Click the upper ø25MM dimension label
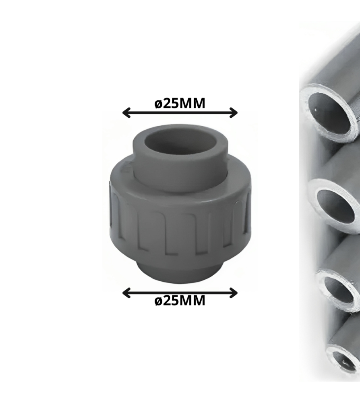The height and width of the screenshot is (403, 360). (x=180, y=103)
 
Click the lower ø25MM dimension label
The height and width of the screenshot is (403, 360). (x=180, y=300)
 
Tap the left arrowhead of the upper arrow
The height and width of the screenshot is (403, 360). (x=126, y=112)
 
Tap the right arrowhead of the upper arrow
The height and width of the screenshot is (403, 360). (x=234, y=112)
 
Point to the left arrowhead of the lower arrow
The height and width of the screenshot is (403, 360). (x=126, y=293)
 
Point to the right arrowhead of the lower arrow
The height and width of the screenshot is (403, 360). (x=234, y=293)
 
